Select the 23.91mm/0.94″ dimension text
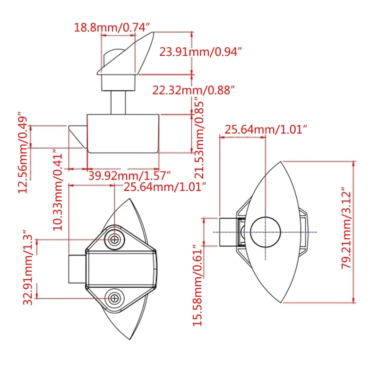[x=201, y=52]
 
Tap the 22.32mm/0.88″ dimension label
[x=193, y=90]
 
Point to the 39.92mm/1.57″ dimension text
[x=129, y=176]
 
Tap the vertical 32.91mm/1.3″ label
[x=29, y=269]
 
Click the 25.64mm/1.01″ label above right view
[x=266, y=129]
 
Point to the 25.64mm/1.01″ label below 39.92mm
[x=165, y=187]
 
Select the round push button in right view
[x=265, y=232]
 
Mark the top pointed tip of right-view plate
[x=282, y=162]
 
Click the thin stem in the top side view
[x=119, y=102]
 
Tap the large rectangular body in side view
[x=123, y=133]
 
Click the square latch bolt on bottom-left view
[x=77, y=269]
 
